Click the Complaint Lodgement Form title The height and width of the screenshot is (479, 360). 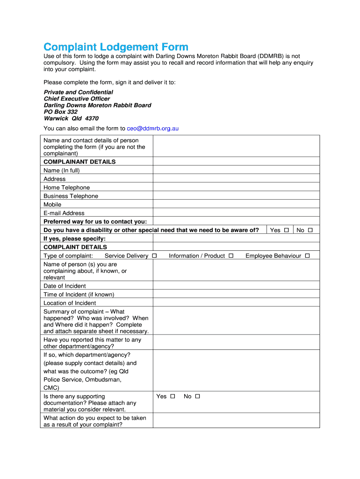pyautogui.click(x=116, y=47)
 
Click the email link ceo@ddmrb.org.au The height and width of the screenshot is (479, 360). pyautogui.click(x=153, y=128)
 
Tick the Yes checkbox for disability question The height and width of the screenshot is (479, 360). pyautogui.click(x=286, y=230)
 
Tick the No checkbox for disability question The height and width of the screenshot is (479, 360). pyautogui.click(x=310, y=230)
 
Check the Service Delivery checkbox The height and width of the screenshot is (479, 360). pyautogui.click(x=154, y=256)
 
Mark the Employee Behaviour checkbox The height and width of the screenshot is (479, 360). pyautogui.click(x=307, y=256)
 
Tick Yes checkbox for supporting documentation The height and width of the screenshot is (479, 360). pyautogui.click(x=173, y=396)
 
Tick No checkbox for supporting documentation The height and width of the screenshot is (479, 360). pyautogui.click(x=197, y=396)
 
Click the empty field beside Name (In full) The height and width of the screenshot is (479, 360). pyautogui.click(x=236, y=170)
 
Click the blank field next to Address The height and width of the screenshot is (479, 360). pyautogui.click(x=236, y=179)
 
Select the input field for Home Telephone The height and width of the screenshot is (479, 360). pyautogui.click(x=236, y=188)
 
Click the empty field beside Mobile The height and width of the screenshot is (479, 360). pyautogui.click(x=236, y=204)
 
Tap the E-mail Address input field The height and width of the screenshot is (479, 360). pyautogui.click(x=236, y=213)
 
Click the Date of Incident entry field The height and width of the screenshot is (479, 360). pyautogui.click(x=236, y=286)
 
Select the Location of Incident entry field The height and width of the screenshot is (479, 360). pyautogui.click(x=236, y=303)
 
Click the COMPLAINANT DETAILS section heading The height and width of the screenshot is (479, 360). pyautogui.click(x=79, y=162)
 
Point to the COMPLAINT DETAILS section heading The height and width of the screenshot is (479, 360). pyautogui.click(x=75, y=247)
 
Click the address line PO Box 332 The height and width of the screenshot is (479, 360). pyautogui.click(x=61, y=112)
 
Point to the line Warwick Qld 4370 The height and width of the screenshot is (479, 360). pyautogui.click(x=71, y=118)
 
